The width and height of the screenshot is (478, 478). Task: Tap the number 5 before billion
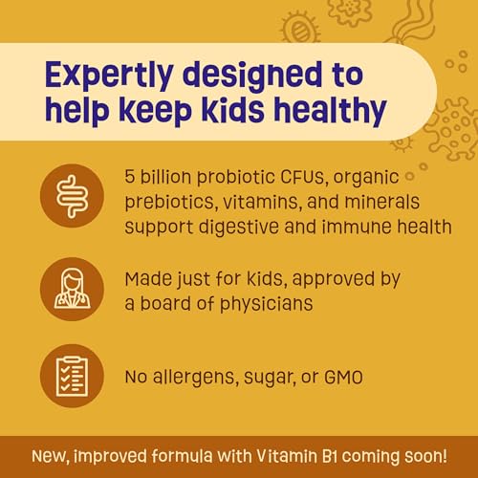(131, 179)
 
